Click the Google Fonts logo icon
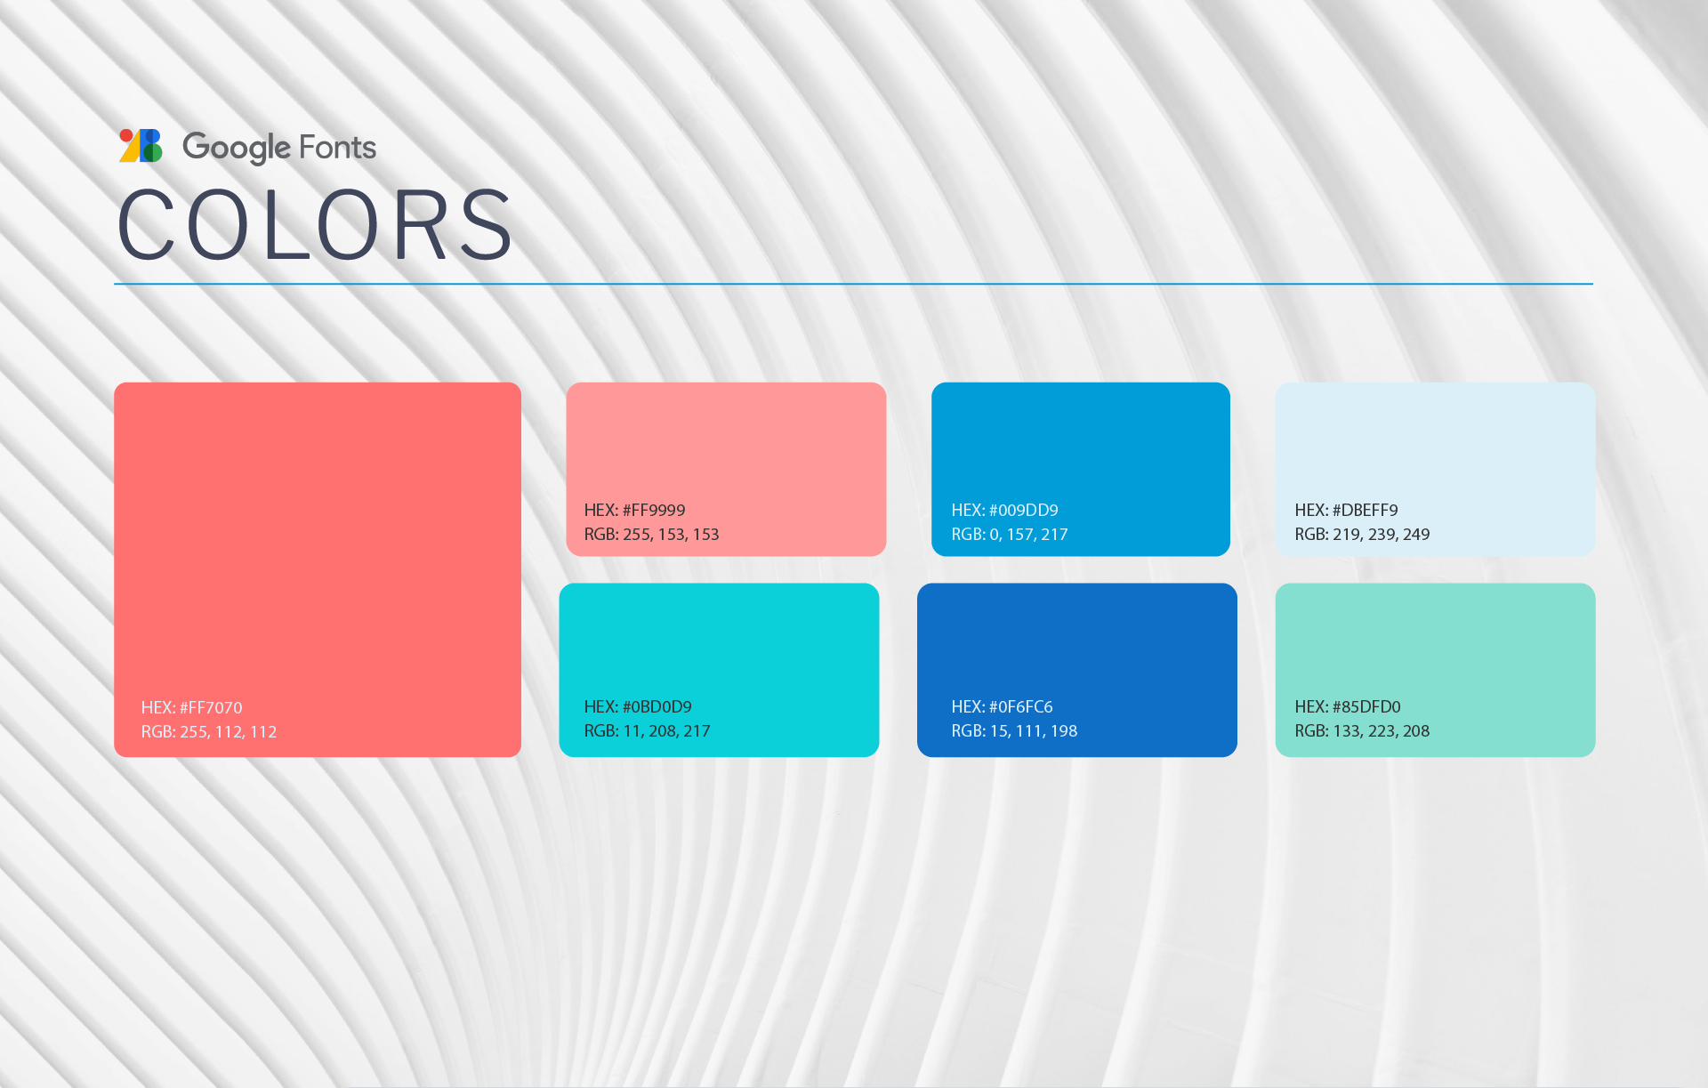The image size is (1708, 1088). coord(141,146)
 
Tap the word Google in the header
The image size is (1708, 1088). coord(236,148)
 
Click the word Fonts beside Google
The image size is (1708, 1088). coord(338,147)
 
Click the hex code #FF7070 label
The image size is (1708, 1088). coord(191,707)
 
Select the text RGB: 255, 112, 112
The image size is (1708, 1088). coord(209,731)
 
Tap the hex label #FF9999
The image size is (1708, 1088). coord(634,510)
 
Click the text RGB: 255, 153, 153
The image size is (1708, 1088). coord(651,534)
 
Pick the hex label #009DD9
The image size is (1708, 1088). coord(1004,510)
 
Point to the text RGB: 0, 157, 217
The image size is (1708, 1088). coord(1010,534)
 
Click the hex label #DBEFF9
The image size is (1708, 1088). coord(1346,510)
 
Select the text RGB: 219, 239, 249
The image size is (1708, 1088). coord(1362,534)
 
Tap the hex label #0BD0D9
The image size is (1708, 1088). coord(638,706)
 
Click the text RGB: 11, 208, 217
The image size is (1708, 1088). coord(647,730)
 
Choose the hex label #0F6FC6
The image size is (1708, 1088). coord(1002,706)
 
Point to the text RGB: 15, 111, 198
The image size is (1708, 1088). coord(1014,730)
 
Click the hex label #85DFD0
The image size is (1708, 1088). coord(1348,706)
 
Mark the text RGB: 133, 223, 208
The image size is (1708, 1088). coord(1362,730)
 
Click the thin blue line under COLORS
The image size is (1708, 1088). coord(853,284)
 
